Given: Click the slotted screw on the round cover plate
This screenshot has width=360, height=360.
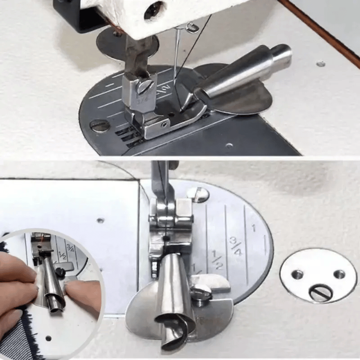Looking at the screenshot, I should tap(320, 293).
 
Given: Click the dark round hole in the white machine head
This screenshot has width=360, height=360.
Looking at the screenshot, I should tap(154, 10).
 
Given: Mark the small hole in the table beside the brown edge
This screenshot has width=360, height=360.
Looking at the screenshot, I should tap(321, 63).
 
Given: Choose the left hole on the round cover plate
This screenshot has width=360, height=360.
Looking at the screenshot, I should tap(297, 274).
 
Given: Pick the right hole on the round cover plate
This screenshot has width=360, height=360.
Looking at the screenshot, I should tap(339, 274).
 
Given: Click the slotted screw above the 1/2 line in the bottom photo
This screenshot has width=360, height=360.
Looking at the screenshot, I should tap(198, 194).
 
